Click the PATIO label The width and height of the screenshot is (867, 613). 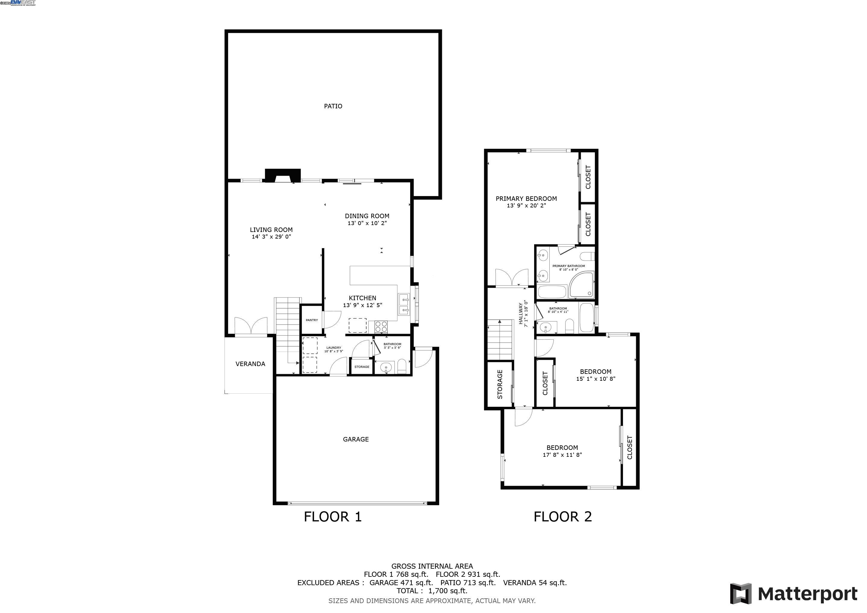(x=333, y=106)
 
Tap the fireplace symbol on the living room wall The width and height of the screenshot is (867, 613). (x=283, y=175)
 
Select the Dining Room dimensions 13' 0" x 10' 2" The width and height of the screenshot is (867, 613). (x=367, y=223)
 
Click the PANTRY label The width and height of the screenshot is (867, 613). (x=312, y=320)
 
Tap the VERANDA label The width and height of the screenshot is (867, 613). (x=250, y=364)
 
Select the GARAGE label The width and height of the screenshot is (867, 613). (x=356, y=439)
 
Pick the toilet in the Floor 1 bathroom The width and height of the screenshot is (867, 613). (x=402, y=367)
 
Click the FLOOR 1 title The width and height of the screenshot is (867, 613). (x=333, y=516)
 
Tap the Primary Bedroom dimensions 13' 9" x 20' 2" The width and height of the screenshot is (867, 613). (x=526, y=206)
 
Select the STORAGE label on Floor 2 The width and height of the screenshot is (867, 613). (x=500, y=384)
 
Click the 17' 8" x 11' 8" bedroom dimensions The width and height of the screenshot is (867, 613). (x=562, y=455)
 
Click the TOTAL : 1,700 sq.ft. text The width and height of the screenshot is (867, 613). (x=432, y=591)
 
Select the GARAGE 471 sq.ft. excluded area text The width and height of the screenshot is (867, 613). (x=401, y=582)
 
